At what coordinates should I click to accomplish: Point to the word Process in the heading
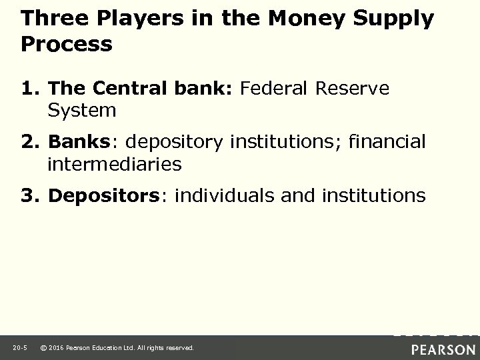67,45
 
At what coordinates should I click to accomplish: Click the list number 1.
31,89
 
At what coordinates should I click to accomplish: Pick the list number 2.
31,142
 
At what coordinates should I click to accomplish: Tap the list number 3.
31,196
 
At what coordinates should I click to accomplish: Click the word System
81,110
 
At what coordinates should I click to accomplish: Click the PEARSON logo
443,349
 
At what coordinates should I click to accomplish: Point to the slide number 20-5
19,348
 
